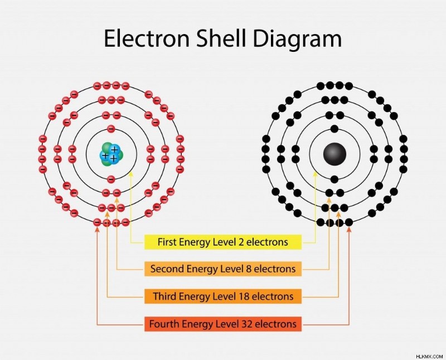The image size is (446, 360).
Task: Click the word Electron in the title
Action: pos(147,38)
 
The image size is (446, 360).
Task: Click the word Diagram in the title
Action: pos(297,40)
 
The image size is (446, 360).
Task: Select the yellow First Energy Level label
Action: pos(222,242)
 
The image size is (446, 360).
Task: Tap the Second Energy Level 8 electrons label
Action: pos(222,269)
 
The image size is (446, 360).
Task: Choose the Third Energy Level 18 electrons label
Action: pos(222,296)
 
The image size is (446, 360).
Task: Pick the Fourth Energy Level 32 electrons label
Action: pos(222,324)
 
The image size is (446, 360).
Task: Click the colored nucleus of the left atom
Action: pos(111,154)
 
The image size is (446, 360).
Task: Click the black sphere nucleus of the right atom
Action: pos(334,154)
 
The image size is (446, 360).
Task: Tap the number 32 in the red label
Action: pos(246,324)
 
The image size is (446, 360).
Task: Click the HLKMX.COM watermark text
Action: pos(429,356)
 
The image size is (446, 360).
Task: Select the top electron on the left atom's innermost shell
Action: pos(111,129)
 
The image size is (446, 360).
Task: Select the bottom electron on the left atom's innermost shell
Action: pos(111,179)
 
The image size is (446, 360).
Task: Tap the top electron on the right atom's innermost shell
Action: pos(334,129)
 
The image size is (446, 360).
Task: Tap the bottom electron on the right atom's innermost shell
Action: pos(334,179)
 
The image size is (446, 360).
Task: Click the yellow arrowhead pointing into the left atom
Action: pos(131,174)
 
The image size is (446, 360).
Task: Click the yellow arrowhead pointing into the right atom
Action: pos(315,174)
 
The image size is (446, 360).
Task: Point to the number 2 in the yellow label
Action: pos(241,242)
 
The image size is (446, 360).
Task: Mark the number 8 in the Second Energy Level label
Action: pos(248,269)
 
